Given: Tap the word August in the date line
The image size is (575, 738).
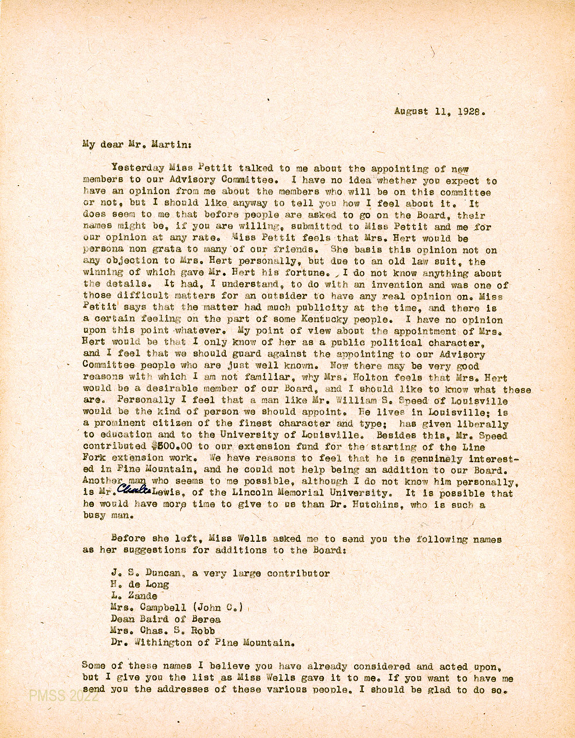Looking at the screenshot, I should [x=411, y=111].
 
